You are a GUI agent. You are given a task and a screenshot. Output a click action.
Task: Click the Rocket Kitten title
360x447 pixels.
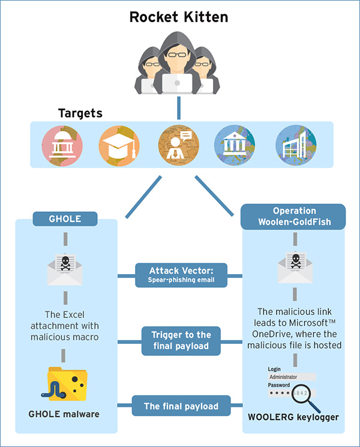click(x=179, y=17)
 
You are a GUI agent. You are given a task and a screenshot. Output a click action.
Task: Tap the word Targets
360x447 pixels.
click(x=80, y=113)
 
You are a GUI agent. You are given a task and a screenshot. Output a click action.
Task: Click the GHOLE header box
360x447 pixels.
click(x=65, y=219)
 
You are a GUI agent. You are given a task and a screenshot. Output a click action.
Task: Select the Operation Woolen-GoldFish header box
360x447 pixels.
click(x=293, y=217)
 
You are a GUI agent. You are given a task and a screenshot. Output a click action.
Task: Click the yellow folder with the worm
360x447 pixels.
click(x=65, y=382)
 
